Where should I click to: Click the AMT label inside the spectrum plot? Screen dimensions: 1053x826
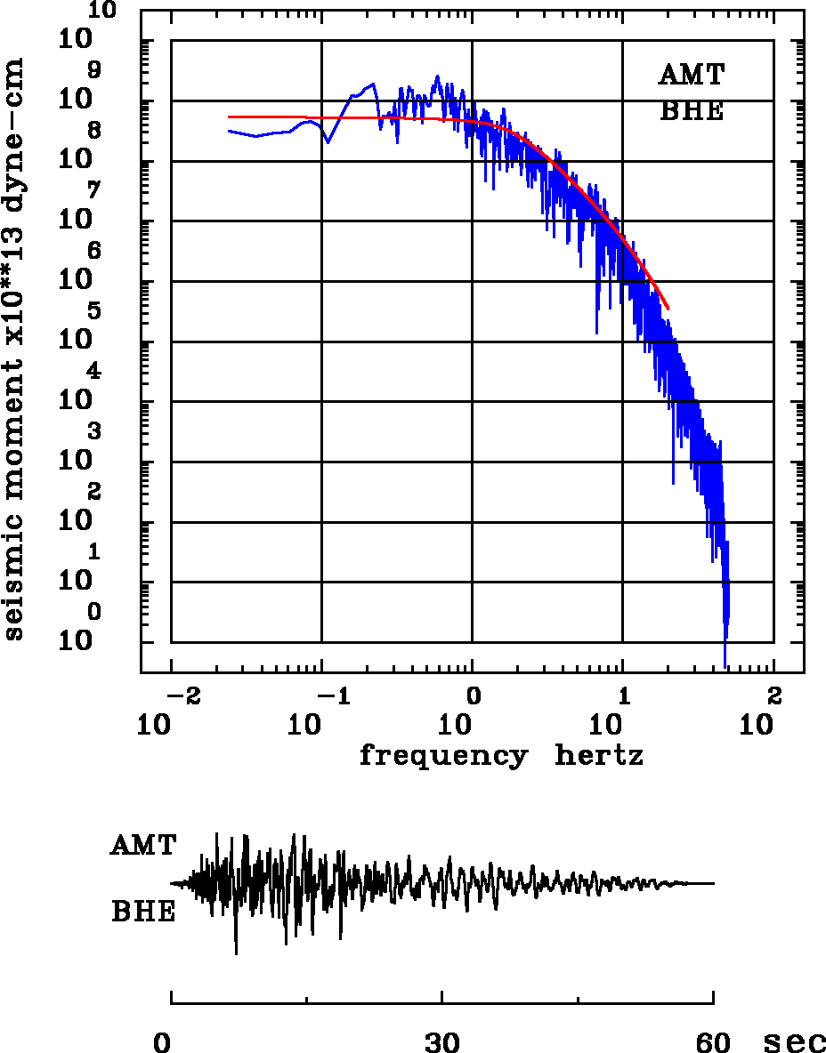tap(691, 75)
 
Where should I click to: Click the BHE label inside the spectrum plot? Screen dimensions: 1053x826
tap(691, 111)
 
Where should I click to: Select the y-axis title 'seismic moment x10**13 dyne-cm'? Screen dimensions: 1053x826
tap(13, 349)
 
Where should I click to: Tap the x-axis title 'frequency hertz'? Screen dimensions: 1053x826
tap(501, 756)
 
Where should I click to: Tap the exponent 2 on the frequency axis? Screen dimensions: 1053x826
tap(773, 694)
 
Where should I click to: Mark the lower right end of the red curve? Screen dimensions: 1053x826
tap(668, 309)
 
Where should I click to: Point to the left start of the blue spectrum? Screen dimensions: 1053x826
tap(229, 131)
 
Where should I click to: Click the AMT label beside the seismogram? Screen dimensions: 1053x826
tap(143, 845)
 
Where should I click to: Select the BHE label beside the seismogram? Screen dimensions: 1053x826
tap(143, 912)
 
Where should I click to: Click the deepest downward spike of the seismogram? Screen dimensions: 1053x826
tap(236, 953)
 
